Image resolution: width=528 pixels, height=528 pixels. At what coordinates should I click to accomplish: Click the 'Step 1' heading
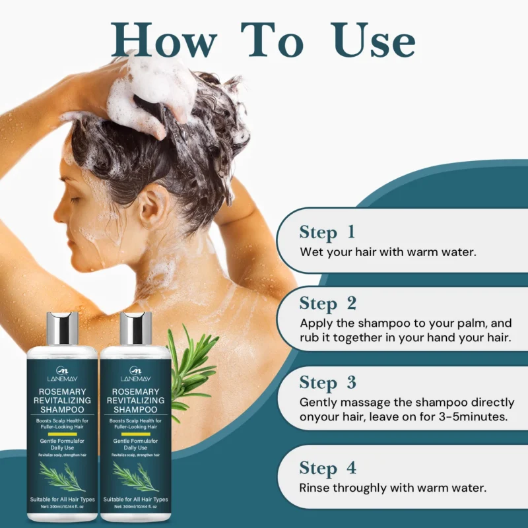327,232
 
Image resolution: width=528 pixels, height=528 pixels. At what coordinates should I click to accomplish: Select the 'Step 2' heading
328,304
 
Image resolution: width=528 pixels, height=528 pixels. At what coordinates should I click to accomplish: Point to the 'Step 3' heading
328,383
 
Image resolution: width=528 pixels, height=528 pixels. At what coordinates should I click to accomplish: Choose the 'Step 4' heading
328,468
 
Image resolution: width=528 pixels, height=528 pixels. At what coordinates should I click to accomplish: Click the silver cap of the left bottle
63,328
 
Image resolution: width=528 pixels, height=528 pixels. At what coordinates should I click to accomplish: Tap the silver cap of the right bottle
136,328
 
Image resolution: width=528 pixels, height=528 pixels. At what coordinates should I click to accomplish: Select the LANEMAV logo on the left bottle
63,374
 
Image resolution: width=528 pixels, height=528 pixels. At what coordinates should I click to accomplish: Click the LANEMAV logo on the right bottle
136,374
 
